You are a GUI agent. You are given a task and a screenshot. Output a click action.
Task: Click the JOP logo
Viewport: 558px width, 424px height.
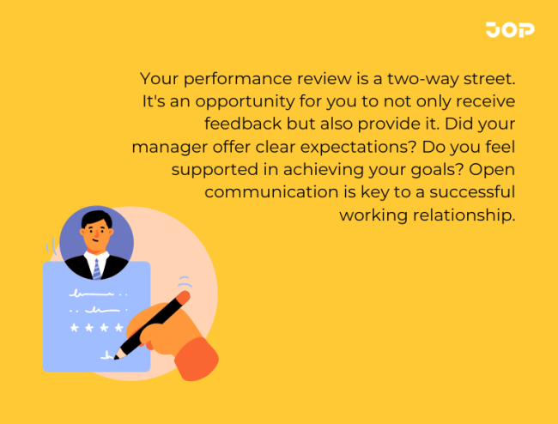coord(509,29)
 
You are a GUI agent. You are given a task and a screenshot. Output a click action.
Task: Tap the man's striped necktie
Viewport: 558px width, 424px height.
coord(96,268)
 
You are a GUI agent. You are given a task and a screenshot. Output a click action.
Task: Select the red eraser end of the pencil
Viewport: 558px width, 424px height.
coord(185,296)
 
